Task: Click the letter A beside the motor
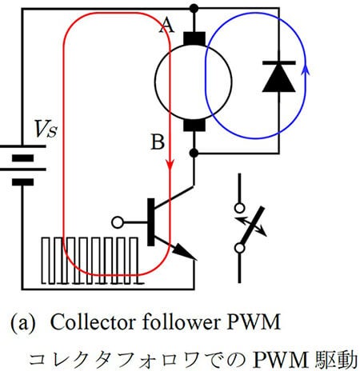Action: point(166,26)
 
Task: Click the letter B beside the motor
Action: point(158,142)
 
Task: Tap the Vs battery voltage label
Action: point(46,129)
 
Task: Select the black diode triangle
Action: point(279,79)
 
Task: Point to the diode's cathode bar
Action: point(279,63)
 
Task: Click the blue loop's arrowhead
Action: point(306,70)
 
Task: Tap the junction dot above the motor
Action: point(194,9)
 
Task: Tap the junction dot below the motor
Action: point(194,153)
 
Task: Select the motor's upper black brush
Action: point(194,39)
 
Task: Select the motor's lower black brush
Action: point(194,125)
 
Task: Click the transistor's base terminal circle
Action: point(118,222)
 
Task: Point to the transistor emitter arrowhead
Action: point(186,253)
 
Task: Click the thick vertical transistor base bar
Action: point(151,222)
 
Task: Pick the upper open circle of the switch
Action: point(239,208)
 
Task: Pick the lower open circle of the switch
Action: point(239,249)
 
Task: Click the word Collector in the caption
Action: point(94,322)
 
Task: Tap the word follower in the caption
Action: point(181,322)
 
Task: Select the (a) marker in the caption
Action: point(23,323)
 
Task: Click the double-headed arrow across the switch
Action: point(250,226)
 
